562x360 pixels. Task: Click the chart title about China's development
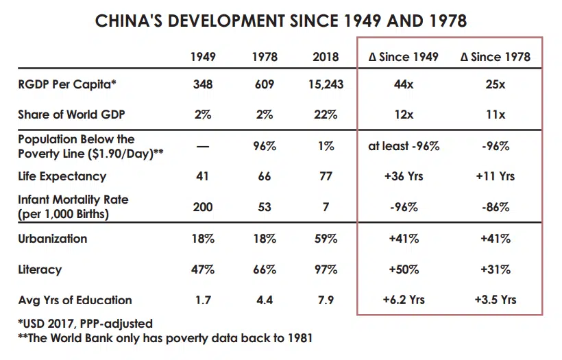[281, 21]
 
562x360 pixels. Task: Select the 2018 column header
[326, 56]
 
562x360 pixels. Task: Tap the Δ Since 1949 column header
[404, 56]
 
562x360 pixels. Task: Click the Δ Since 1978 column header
[495, 56]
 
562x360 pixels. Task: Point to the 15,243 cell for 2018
[326, 85]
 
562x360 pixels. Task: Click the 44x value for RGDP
[404, 85]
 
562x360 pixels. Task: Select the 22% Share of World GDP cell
[326, 115]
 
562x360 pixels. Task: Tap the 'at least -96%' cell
[404, 146]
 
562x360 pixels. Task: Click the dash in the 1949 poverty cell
[203, 147]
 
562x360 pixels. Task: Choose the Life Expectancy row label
[62, 176]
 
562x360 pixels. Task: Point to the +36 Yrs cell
[404, 176]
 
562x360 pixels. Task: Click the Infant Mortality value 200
[203, 207]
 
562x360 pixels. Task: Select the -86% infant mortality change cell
[495, 207]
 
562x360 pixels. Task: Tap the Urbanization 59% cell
[326, 239]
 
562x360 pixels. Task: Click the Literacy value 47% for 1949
[203, 269]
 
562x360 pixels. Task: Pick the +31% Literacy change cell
[495, 269]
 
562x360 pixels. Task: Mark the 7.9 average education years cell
[326, 300]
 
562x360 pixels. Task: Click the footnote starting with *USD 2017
[85, 323]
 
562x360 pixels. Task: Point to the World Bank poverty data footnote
[165, 337]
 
